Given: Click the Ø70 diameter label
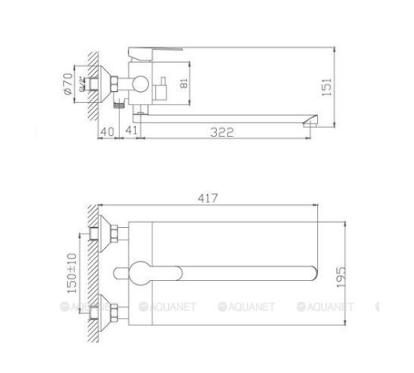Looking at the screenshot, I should pos(69,84).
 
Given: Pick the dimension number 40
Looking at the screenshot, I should pos(106,132).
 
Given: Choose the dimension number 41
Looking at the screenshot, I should pos(132,132).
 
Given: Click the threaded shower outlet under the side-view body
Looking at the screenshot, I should pos(120,104).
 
